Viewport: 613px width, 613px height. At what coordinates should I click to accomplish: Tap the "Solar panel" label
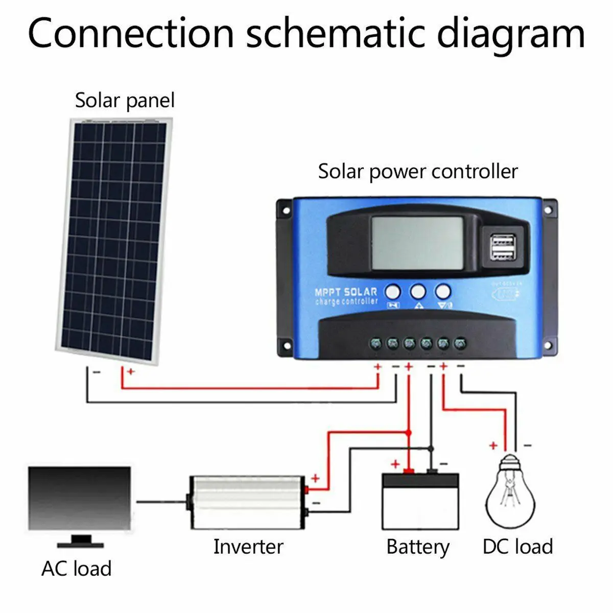(125, 100)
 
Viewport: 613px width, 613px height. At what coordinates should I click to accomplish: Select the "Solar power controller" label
(418, 172)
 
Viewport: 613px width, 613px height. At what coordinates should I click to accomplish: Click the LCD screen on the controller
(417, 243)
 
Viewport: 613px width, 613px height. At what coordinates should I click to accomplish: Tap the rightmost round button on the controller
(443, 292)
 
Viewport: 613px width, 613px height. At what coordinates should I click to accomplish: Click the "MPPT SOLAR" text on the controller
(346, 292)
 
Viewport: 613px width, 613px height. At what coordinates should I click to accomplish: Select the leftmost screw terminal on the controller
(376, 342)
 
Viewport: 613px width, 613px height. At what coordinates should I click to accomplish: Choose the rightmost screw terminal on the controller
(460, 342)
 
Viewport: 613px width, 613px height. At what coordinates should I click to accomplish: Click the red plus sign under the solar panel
(131, 372)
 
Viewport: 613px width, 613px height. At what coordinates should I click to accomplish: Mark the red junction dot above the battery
(408, 433)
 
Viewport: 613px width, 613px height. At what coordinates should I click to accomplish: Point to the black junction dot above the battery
(431, 449)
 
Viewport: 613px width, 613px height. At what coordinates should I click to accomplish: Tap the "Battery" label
(418, 547)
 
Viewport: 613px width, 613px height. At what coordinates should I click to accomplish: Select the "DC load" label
(517, 547)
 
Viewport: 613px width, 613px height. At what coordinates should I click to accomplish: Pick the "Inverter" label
(248, 547)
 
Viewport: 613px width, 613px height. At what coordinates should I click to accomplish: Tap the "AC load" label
(77, 569)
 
